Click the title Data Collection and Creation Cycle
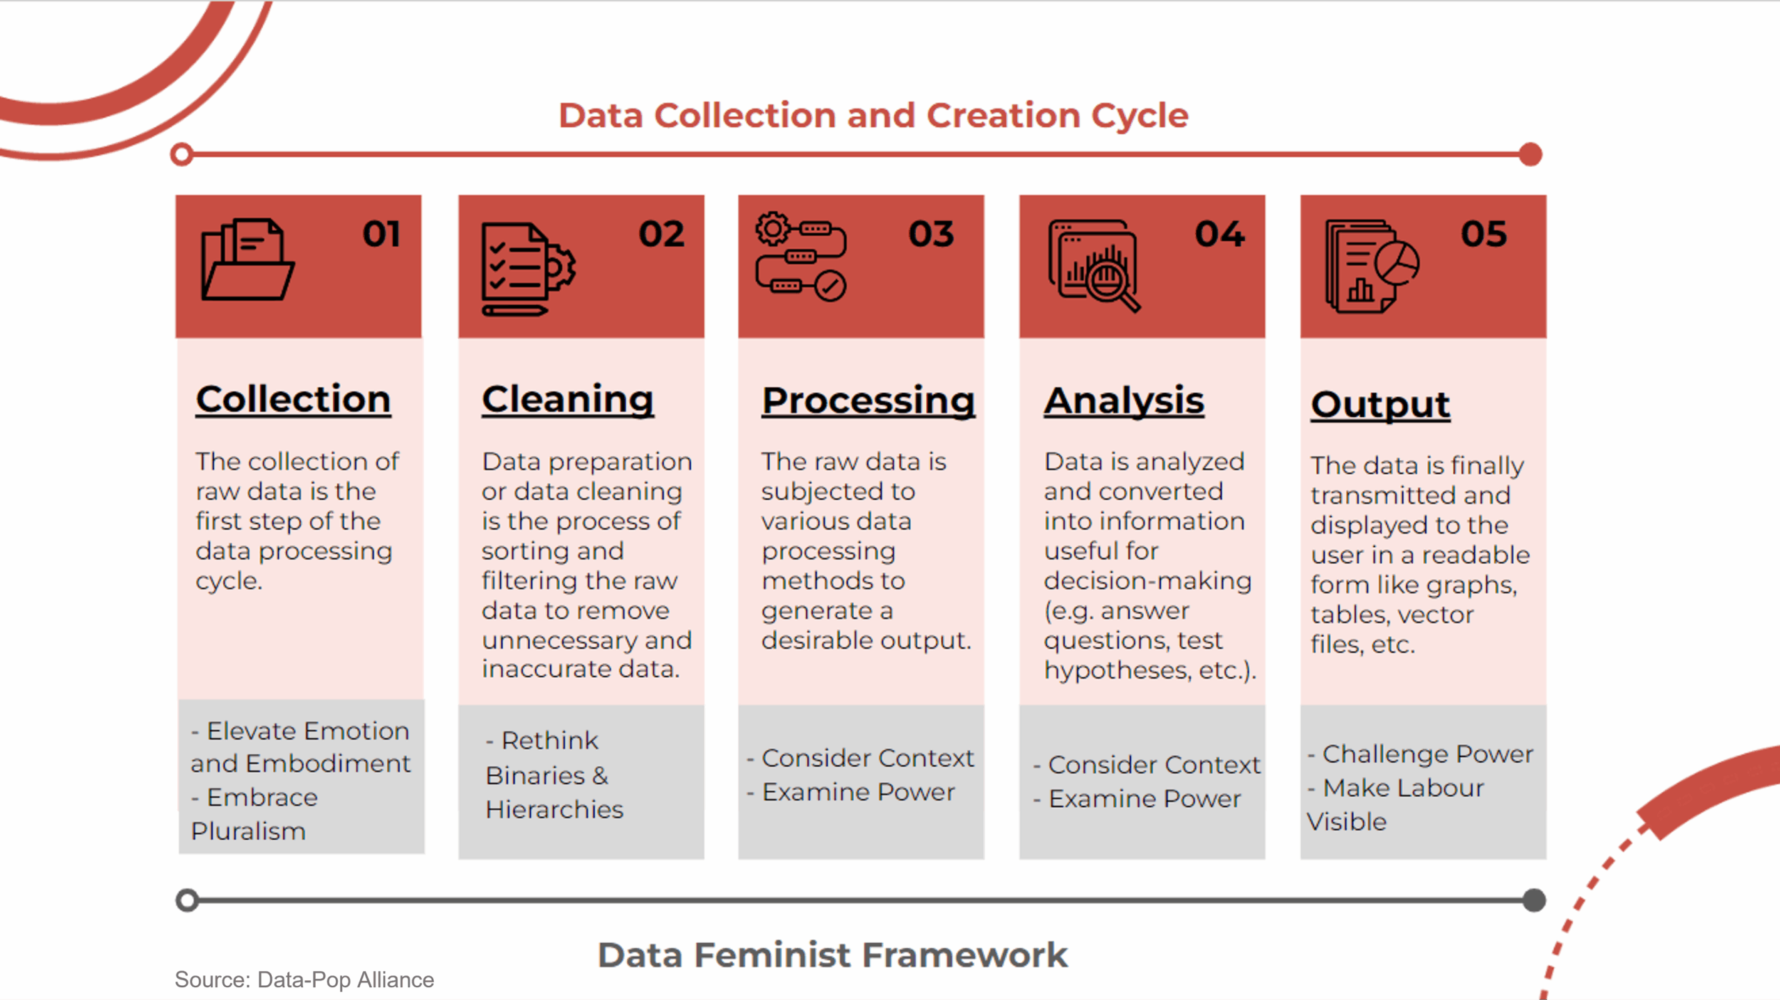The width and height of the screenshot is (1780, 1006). pyautogui.click(x=873, y=115)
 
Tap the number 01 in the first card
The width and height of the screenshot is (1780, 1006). pyautogui.click(x=381, y=234)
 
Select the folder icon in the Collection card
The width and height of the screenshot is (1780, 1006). pyautogui.click(x=248, y=259)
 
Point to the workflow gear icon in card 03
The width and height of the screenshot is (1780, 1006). pyautogui.click(x=801, y=257)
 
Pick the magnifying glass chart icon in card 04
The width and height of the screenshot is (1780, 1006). pyautogui.click(x=1094, y=266)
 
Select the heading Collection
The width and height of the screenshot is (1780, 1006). pyautogui.click(x=293, y=400)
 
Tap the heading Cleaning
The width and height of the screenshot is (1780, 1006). pyautogui.click(x=567, y=400)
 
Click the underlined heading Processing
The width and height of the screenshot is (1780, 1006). pyautogui.click(x=868, y=401)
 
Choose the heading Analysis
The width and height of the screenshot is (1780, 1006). pyautogui.click(x=1124, y=401)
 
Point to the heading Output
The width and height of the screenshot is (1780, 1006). pyautogui.click(x=1380, y=405)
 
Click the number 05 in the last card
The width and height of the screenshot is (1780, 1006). pyautogui.click(x=1484, y=234)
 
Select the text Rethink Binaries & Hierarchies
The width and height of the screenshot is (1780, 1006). pyautogui.click(x=554, y=775)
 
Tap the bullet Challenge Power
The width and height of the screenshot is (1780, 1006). pyautogui.click(x=1420, y=754)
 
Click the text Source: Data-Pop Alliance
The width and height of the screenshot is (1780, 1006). pyautogui.click(x=305, y=980)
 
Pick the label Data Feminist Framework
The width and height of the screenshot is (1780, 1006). pyautogui.click(x=832, y=955)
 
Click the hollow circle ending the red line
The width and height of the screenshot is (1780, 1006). pyautogui.click(x=182, y=154)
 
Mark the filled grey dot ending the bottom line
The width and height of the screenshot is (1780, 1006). pyautogui.click(x=1533, y=901)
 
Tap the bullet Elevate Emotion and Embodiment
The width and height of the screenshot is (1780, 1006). pyautogui.click(x=300, y=747)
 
